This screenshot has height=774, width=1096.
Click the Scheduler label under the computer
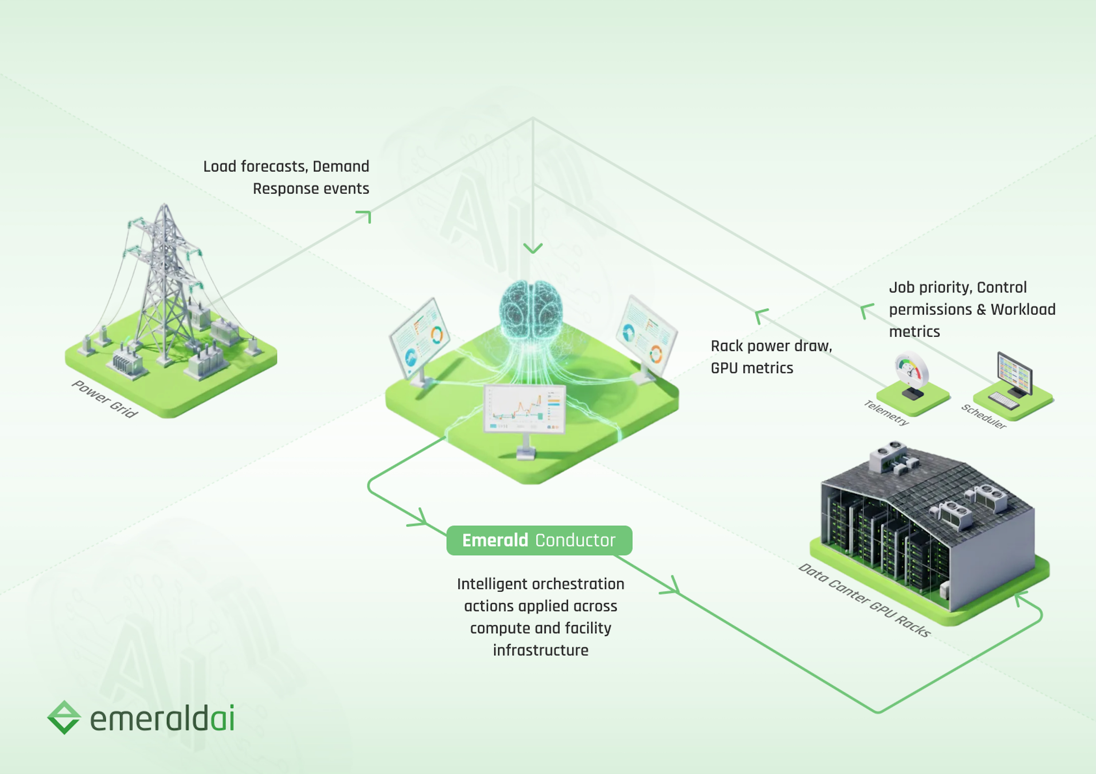983,416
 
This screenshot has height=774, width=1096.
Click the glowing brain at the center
531,310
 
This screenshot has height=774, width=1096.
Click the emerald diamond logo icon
64,717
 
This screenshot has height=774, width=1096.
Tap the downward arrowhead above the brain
533,248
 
